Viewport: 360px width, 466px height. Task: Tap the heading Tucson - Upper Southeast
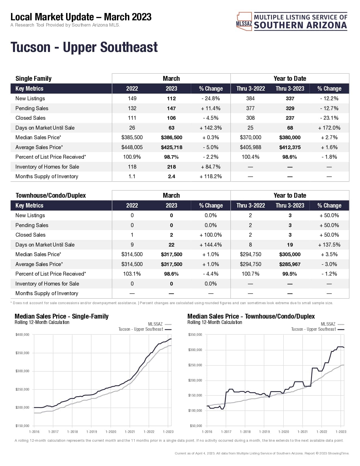[x=84, y=47]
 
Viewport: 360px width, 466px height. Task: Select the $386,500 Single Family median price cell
[x=171, y=138]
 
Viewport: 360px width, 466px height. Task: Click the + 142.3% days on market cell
[x=211, y=128]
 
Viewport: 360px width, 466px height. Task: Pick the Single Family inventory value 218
[x=171, y=167]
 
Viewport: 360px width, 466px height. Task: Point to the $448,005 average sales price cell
[x=132, y=147]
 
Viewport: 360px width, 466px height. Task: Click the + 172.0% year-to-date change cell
[x=329, y=128]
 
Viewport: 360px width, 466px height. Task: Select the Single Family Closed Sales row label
[x=30, y=118]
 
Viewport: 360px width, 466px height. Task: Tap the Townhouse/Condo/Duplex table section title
[x=51, y=195]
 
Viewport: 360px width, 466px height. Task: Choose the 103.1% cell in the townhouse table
[x=132, y=274]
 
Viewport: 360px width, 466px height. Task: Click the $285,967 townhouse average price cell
[x=290, y=264]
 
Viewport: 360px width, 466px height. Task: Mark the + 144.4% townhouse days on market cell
[x=211, y=245]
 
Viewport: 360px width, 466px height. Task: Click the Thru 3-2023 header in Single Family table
[x=290, y=89]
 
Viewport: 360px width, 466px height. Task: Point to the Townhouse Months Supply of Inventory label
[x=47, y=293]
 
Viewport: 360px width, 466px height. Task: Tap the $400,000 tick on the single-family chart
[x=22, y=335]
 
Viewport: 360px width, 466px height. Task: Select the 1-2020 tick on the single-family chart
[x=111, y=432]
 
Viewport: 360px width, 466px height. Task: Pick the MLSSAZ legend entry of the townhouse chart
[x=328, y=324]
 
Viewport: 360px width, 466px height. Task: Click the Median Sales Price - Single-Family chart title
[x=62, y=316]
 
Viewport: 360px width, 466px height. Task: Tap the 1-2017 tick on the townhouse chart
[x=226, y=432]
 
